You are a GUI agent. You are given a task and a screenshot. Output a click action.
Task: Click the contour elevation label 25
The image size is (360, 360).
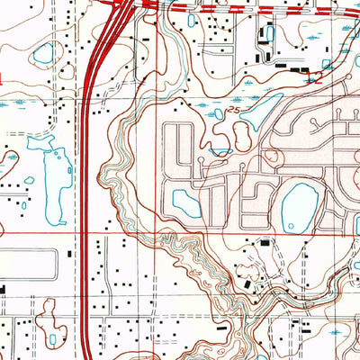click(x=236, y=109)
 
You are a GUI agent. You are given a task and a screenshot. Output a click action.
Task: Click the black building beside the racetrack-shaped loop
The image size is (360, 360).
click(x=3, y=289)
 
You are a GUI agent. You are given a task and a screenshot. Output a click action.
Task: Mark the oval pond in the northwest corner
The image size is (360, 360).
click(x=42, y=54)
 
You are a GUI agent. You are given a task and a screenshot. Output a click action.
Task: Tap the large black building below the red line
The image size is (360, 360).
click(x=264, y=242)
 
